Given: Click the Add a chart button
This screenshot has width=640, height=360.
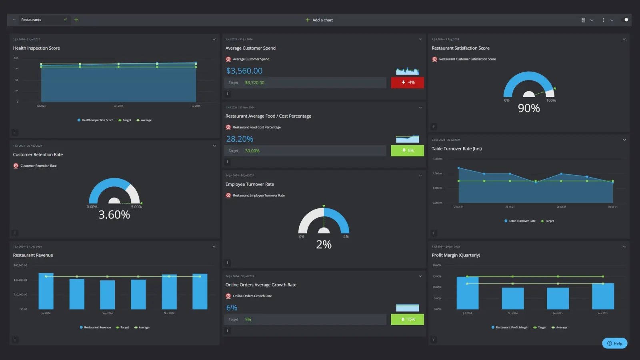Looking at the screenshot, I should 319,20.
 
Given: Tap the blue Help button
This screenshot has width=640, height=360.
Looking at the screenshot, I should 614,343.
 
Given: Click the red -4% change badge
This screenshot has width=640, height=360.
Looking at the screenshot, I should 407,82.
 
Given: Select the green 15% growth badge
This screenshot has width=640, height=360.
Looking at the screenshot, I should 407,319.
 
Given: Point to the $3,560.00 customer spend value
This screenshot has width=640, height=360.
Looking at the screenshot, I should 244,71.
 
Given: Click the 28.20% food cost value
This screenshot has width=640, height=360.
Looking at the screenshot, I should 240,139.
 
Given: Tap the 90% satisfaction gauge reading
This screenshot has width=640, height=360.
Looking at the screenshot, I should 528,108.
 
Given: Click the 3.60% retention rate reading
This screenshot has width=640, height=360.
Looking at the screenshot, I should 114,215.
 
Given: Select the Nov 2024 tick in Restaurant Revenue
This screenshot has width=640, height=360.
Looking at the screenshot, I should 169,313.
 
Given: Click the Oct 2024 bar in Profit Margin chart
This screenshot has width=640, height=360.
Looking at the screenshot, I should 512,298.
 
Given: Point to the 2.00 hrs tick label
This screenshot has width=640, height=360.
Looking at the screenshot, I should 437,174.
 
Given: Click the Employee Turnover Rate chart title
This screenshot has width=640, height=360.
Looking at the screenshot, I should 250,184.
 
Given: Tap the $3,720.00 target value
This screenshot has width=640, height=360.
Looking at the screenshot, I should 254,83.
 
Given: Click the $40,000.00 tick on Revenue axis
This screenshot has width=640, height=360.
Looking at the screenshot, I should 20,280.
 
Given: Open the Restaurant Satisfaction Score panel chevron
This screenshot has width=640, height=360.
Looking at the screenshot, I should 624,39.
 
